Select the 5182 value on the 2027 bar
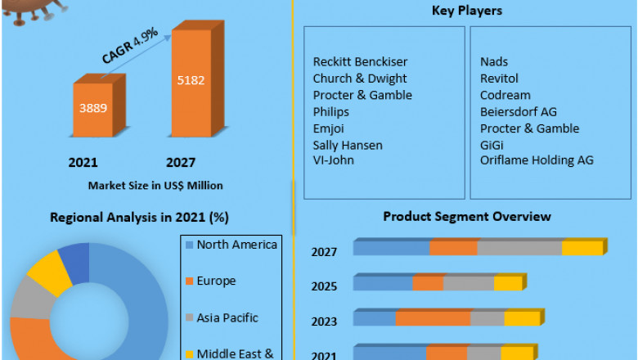pos(190,80)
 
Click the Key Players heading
pos(466,11)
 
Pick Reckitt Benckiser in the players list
pos(360,62)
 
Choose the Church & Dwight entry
pos(359,79)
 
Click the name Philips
pos(330,111)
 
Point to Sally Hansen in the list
pos(348,145)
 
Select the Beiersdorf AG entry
pos(519,111)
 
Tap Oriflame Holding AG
pos(537,160)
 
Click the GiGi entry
pos(492,145)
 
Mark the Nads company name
pos(494,62)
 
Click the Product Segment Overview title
pos(466,217)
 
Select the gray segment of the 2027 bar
pos(519,248)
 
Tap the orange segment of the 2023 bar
pos(433,318)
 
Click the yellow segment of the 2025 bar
pos(507,283)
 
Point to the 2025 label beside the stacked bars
pos(324,286)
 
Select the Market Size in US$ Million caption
pos(155,186)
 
